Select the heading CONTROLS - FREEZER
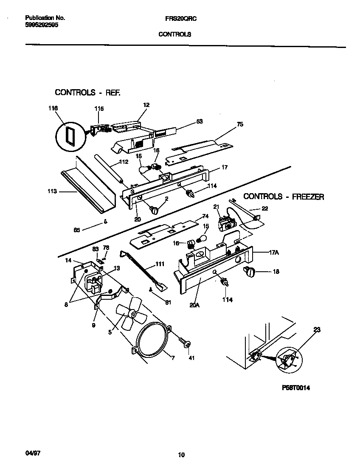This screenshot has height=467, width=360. point(284,197)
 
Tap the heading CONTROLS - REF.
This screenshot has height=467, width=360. point(88,92)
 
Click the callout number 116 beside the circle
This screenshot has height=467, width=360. point(53,109)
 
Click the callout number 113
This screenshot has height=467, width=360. point(52,191)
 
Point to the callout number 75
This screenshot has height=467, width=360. point(240,124)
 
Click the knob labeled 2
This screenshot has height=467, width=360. point(154,208)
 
